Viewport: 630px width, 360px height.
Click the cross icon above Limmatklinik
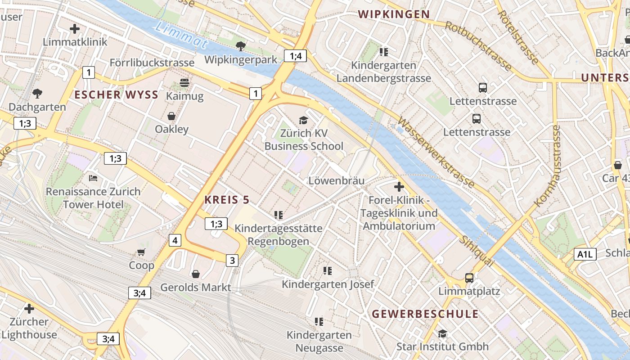point(75,29)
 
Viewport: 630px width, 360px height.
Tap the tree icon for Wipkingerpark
point(241,46)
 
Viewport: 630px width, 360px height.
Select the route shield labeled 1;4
point(295,56)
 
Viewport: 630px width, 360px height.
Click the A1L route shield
point(585,254)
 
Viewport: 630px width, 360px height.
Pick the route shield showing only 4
point(175,240)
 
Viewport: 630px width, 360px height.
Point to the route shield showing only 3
point(232,260)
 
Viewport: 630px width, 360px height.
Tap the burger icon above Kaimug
point(184,83)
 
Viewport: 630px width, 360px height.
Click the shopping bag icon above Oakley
point(171,116)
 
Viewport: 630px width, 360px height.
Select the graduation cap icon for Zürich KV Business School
point(304,120)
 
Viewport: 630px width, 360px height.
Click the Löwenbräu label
point(336,180)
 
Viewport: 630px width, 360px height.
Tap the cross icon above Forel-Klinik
point(399,186)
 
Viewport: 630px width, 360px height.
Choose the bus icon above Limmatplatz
point(469,278)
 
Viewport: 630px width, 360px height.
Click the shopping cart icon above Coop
point(141,252)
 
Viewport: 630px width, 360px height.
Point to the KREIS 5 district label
point(227,200)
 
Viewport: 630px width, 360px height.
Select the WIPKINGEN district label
point(394,14)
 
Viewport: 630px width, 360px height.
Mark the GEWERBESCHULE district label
point(425,314)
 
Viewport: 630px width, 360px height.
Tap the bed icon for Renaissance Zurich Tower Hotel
point(93,178)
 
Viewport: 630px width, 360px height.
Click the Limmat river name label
point(180,35)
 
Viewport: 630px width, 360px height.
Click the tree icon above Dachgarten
point(37,94)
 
